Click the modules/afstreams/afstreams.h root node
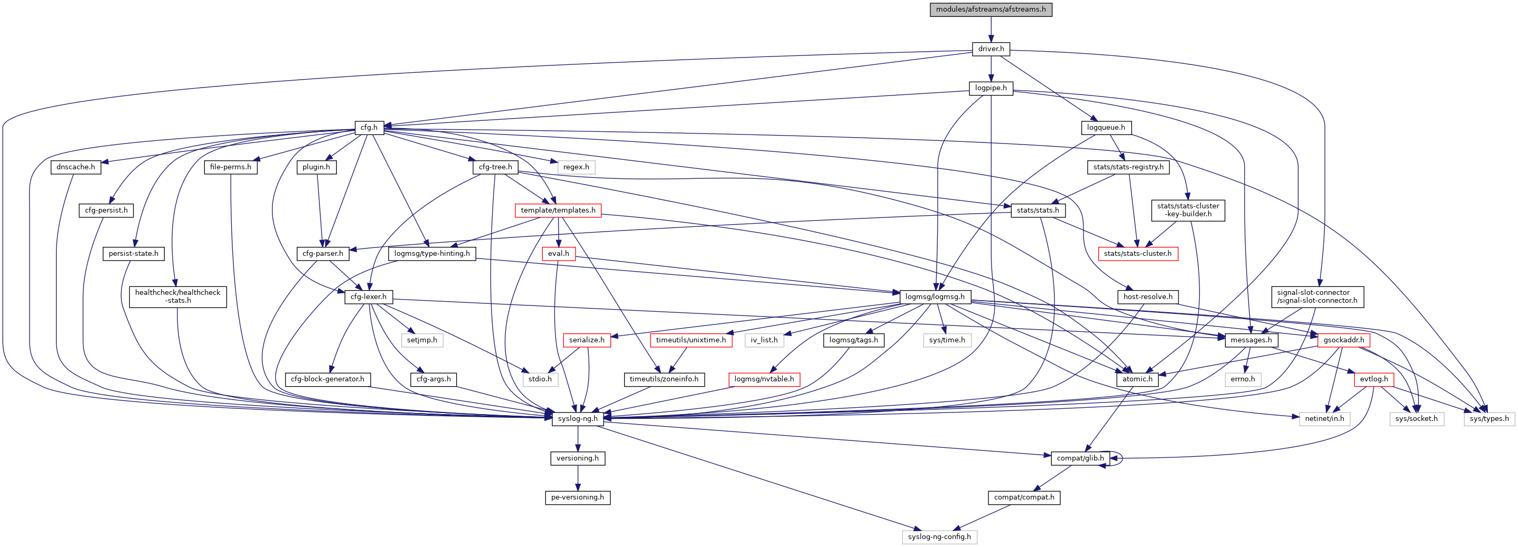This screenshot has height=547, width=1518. pos(991,9)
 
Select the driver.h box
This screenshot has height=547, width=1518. pos(991,49)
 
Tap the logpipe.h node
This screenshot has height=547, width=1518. pos(991,88)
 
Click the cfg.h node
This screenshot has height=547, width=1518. pos(369,127)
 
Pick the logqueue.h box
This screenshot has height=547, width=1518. pos(1106,127)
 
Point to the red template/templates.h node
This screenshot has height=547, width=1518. pos(558,210)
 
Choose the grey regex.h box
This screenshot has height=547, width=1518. pos(576,167)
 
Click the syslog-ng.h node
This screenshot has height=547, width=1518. pos(578,419)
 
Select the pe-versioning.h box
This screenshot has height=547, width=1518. pos(578,497)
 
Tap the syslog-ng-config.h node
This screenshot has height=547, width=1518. pos(939,537)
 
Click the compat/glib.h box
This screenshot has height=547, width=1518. pos(1080,458)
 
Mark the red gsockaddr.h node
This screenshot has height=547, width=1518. pos(1344,340)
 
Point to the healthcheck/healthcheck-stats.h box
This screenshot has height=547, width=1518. pos(177,297)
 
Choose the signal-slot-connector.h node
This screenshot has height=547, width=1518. pos(1317,297)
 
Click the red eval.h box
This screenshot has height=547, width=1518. pos(558,254)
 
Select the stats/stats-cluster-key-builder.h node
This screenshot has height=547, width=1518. pos(1188,210)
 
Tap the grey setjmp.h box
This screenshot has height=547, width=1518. pos(422,340)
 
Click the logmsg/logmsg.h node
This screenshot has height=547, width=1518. pos(935,297)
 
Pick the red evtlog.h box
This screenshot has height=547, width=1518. pos(1374,379)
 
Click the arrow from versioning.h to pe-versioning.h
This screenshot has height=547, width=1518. pos(578,477)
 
